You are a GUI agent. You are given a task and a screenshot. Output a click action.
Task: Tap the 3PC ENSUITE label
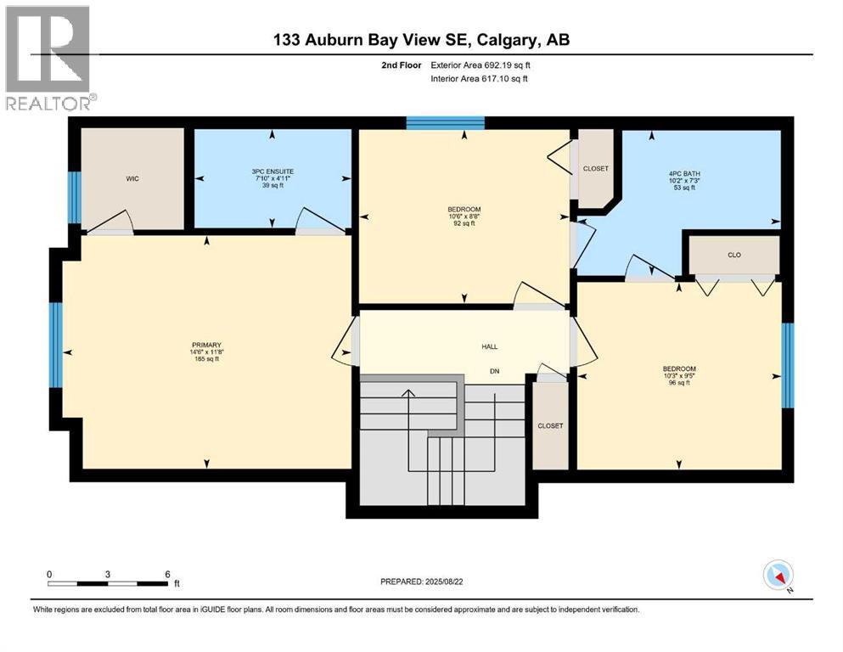click(x=272, y=171)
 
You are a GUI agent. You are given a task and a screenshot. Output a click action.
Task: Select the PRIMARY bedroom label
click(x=206, y=345)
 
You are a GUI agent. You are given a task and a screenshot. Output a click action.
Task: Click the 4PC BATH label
click(x=683, y=173)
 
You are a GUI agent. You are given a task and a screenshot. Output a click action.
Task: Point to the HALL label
click(x=489, y=346)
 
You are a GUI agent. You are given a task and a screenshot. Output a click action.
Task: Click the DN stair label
click(x=492, y=370)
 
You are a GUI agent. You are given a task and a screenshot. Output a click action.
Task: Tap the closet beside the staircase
click(x=550, y=425)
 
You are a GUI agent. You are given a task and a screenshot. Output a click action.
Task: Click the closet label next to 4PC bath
click(x=596, y=168)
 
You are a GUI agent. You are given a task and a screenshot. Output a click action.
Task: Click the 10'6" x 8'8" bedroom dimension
click(x=464, y=216)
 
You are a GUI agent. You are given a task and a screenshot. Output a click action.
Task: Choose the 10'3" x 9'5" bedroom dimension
click(x=679, y=375)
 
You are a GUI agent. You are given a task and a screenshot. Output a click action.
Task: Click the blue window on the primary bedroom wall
click(x=56, y=343)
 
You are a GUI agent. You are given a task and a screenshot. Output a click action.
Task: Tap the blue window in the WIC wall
click(x=74, y=197)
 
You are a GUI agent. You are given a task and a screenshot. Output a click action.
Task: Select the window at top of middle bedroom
click(x=445, y=123)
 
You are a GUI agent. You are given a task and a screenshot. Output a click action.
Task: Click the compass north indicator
click(x=778, y=576)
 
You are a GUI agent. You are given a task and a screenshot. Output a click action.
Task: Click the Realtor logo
click(x=48, y=58)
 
